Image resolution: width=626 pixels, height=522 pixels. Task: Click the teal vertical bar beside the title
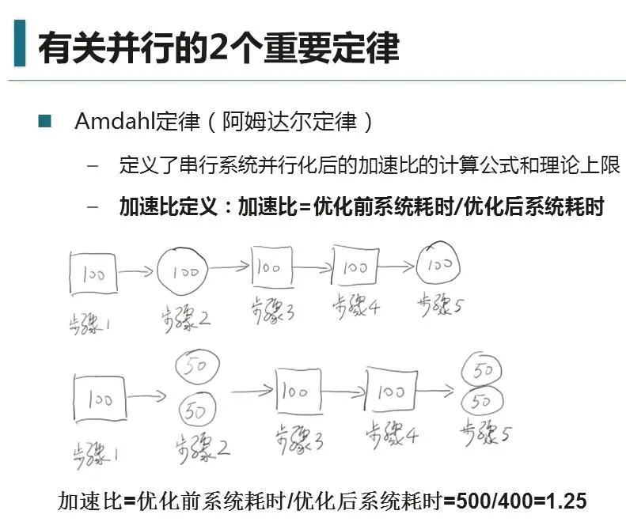[20, 44]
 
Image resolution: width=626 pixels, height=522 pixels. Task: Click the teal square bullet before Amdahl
[44, 122]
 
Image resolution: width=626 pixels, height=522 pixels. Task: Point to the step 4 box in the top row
[355, 267]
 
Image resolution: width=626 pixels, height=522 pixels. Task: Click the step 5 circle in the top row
[437, 265]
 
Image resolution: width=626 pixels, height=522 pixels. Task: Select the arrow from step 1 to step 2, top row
[136, 272]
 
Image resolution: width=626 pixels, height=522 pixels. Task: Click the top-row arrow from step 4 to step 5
[399, 267]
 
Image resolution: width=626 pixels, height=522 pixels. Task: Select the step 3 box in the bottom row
[298, 391]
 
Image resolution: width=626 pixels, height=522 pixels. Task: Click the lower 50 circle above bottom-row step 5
[481, 401]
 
